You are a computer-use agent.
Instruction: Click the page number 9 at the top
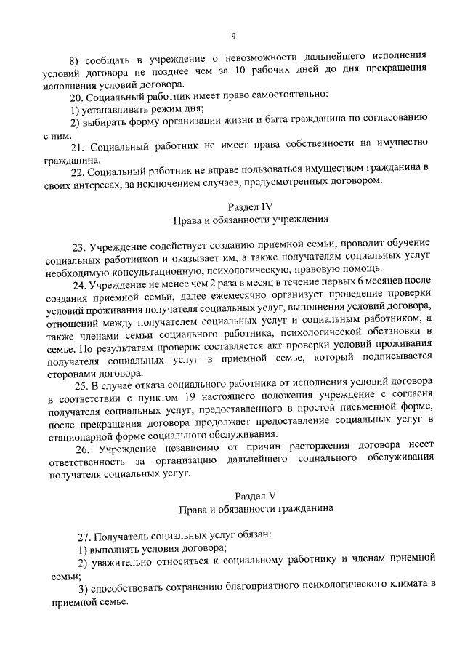pyautogui.click(x=233, y=34)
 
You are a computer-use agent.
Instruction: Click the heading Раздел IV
pyautogui.click(x=251, y=206)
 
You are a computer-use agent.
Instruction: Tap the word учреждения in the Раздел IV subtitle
pyautogui.click(x=302, y=219)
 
